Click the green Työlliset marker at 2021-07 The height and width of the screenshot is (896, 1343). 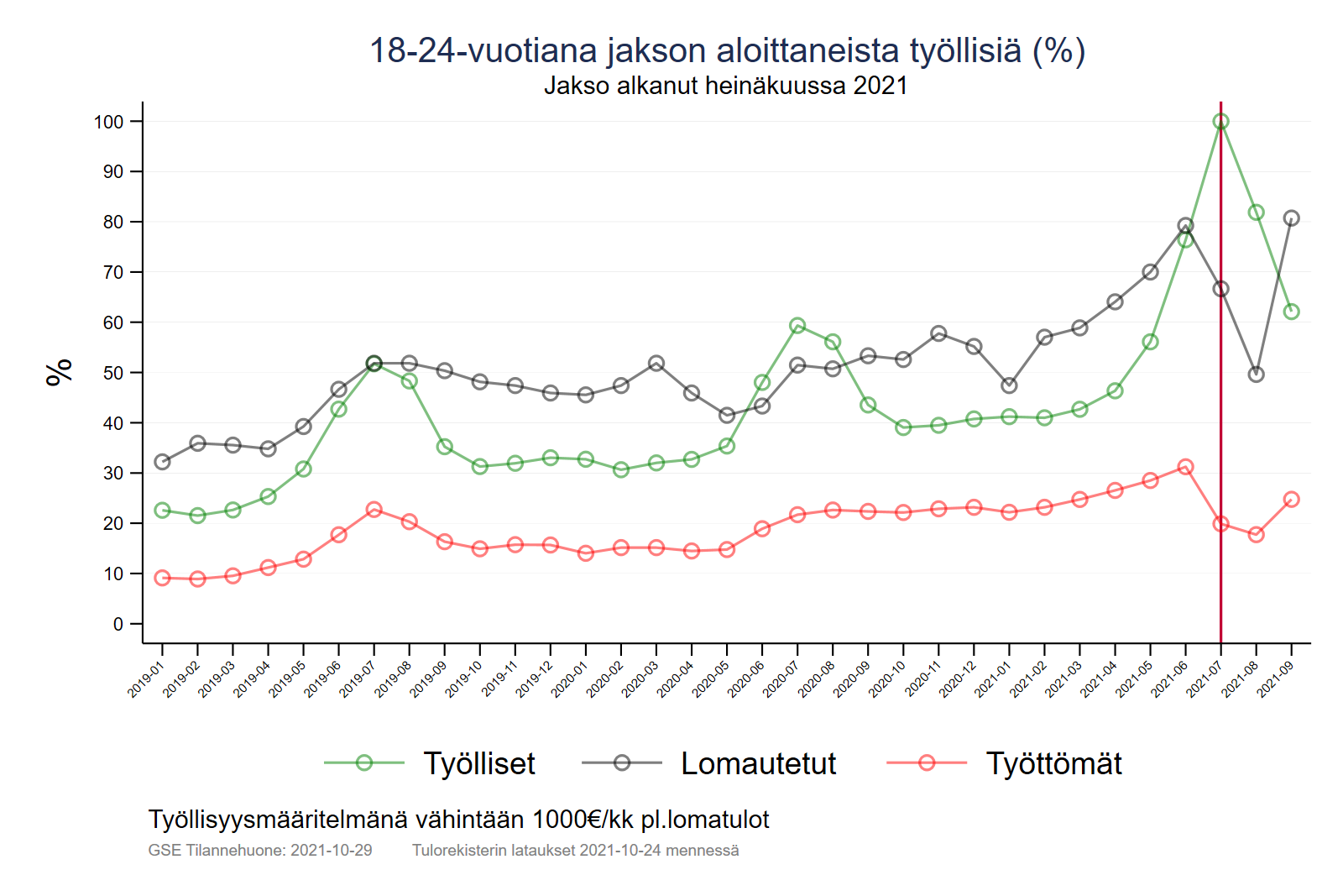click(1220, 122)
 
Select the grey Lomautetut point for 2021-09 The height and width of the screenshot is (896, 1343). click(1291, 218)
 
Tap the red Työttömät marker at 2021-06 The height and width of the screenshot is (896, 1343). click(1185, 467)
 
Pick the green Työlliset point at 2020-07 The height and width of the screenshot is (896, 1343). click(797, 326)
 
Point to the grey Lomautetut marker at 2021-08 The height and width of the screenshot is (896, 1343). click(1256, 375)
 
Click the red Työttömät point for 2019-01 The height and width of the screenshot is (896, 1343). click(162, 578)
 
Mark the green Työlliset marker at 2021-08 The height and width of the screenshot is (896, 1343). click(1256, 212)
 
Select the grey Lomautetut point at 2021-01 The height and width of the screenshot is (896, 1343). click(1009, 385)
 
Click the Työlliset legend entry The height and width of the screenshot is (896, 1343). click(479, 763)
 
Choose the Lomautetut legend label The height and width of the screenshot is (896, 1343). click(758, 763)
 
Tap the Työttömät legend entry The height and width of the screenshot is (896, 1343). click(1053, 763)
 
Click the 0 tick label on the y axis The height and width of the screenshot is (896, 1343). click(118, 624)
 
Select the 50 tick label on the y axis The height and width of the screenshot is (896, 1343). click(112, 373)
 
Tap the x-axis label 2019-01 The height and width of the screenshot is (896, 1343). click(146, 679)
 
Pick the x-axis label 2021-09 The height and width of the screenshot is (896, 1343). click(1275, 679)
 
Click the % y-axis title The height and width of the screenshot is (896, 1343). click(60, 372)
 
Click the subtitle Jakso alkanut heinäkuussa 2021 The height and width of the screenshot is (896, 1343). click(725, 86)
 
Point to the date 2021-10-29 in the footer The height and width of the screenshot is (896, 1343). click(331, 850)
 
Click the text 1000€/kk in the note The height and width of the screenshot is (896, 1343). click(583, 820)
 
